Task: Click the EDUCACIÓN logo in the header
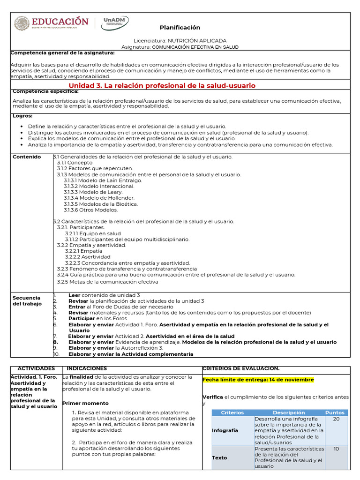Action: pyautogui.click(x=52, y=23)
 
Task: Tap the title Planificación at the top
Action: pyautogui.click(x=180, y=28)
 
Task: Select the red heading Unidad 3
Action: pyautogui.click(x=162, y=86)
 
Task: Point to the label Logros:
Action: pyautogui.click(x=22, y=115)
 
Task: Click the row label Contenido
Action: pyautogui.click(x=27, y=157)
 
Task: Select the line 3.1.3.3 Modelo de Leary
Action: pyautogui.click(x=93, y=192)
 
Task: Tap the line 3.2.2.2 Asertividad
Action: pyautogui.click(x=88, y=257)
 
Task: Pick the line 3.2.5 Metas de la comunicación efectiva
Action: pyautogui.click(x=107, y=282)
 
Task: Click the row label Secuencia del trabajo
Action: pyautogui.click(x=27, y=301)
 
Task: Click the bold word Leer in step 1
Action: pyautogui.click(x=75, y=295)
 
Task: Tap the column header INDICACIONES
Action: pyautogui.click(x=87, y=369)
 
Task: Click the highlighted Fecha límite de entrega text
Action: pyautogui.click(x=258, y=380)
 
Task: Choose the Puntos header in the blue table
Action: pyautogui.click(x=335, y=412)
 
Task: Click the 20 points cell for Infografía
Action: pyautogui.click(x=336, y=419)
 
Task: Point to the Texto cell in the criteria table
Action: pyautogui.click(x=219, y=457)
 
